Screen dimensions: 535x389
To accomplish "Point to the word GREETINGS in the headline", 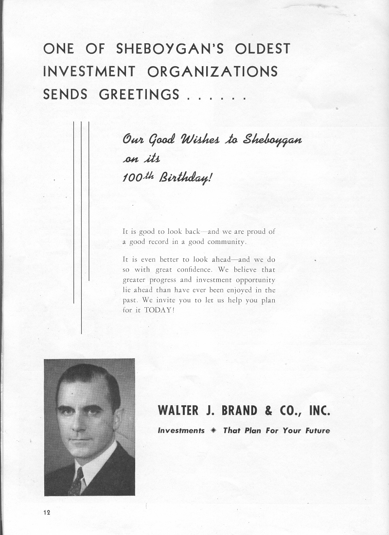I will pyautogui.click(x=139, y=94).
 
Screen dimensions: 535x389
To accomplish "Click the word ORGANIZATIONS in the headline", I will pyautogui.click(x=212, y=71).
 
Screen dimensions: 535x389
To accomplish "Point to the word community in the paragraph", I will pyautogui.click(x=225, y=242).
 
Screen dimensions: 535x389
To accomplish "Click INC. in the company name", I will pyautogui.click(x=319, y=411).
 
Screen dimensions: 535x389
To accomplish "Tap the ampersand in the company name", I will pyautogui.click(x=268, y=411).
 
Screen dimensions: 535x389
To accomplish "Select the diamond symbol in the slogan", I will pyautogui.click(x=212, y=431).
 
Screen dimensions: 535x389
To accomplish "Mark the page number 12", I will pyautogui.click(x=46, y=512).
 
